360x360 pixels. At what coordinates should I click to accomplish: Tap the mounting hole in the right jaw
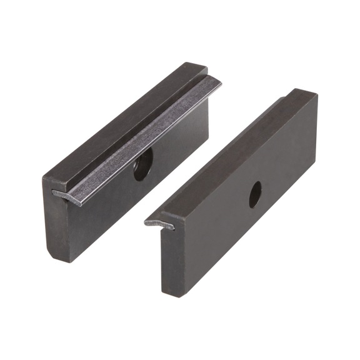(255, 194)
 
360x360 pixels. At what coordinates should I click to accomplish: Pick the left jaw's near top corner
(45, 179)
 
